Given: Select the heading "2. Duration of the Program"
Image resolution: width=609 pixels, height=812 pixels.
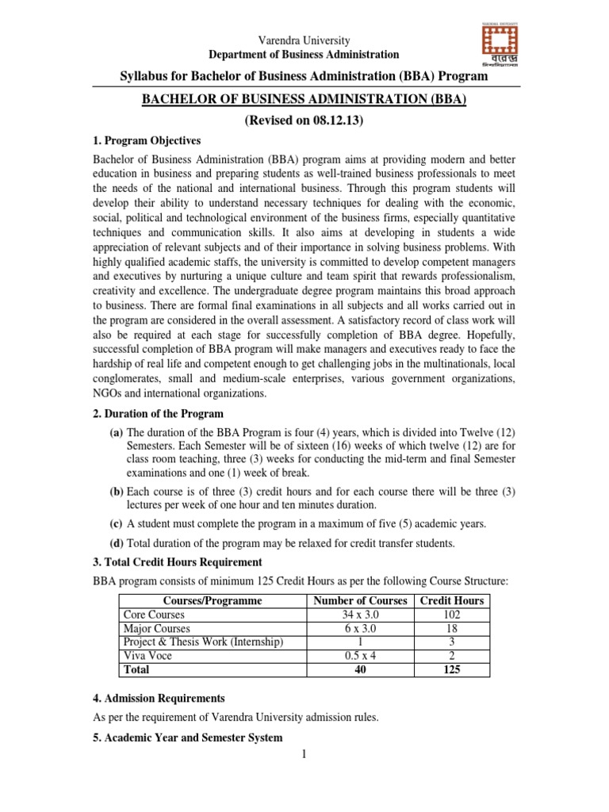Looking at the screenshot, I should point(159,414).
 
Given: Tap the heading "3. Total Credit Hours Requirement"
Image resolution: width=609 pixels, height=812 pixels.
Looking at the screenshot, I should point(178,562).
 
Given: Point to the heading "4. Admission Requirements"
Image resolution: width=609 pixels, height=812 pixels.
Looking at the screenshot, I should point(159,699).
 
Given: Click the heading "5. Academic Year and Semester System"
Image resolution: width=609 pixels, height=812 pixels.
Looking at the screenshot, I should point(188,738).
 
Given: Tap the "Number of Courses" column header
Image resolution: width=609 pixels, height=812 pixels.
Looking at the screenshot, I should point(361,601).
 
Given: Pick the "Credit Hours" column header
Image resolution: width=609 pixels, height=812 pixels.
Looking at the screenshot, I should point(451,601).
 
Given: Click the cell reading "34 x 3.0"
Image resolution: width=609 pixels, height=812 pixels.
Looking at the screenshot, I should point(361,615).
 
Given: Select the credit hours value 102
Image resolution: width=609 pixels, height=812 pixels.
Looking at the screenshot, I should point(451,615).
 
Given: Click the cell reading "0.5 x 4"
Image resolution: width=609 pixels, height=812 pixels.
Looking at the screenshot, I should point(361,656).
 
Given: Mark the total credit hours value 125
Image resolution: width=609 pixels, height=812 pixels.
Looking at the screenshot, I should point(451,669).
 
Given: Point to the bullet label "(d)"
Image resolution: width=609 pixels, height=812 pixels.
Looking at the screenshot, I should point(116,543).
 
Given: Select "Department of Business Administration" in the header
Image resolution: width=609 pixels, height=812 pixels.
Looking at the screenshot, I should point(304,55).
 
